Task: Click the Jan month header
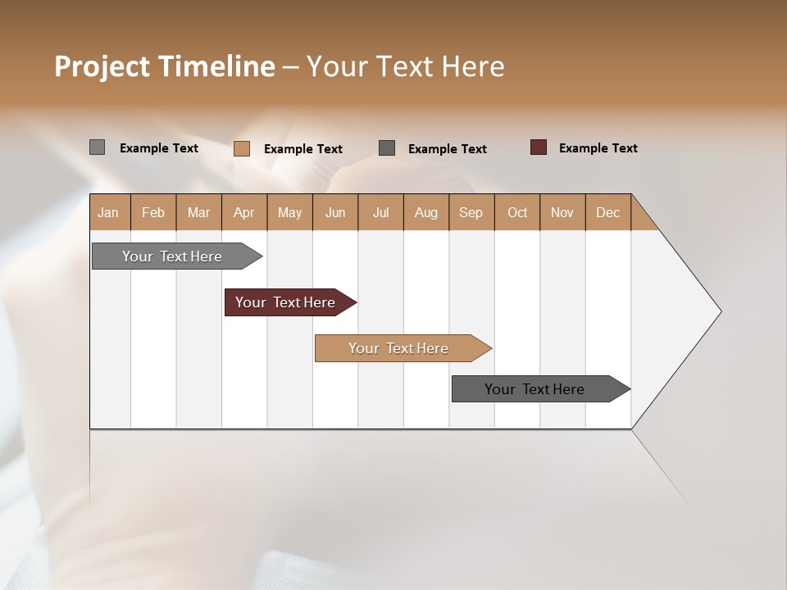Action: (109, 212)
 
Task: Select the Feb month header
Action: (153, 212)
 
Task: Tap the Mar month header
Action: (198, 212)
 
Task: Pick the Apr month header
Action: (244, 212)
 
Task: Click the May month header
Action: (289, 212)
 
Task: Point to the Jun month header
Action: (335, 212)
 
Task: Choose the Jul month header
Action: (380, 212)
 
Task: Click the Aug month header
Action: (426, 212)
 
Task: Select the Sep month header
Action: (471, 212)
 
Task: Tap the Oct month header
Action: (517, 212)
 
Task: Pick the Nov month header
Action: (562, 212)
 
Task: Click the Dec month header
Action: (608, 212)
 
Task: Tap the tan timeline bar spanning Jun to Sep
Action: (399, 348)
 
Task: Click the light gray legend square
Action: (97, 147)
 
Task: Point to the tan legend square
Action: (241, 148)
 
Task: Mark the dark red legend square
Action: (538, 147)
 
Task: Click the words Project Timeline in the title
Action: (165, 66)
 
